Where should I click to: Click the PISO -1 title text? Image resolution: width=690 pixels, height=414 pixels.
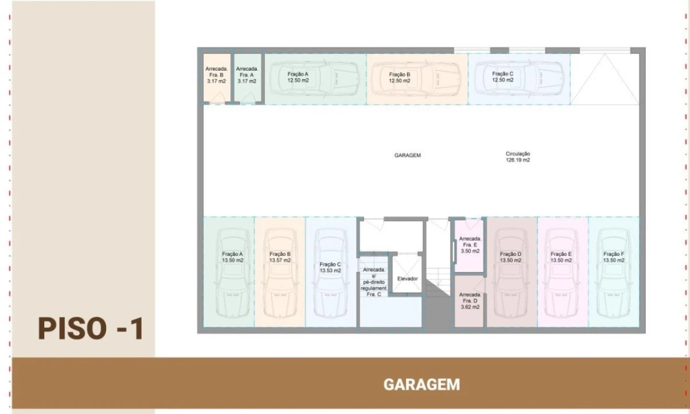point(90,328)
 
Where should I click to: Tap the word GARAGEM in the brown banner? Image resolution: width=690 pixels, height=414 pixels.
point(421,384)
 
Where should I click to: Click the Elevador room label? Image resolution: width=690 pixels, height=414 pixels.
point(408,279)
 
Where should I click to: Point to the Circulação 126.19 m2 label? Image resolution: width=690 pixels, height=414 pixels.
point(518,157)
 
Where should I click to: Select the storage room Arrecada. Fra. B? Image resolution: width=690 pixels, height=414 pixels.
point(216,75)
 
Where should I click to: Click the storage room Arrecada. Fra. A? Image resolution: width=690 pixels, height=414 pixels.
point(247,75)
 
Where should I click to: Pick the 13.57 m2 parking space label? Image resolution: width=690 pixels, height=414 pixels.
point(280,257)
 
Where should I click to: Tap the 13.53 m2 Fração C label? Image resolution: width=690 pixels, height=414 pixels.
point(331,267)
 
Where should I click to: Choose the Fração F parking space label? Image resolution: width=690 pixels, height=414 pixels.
point(614,257)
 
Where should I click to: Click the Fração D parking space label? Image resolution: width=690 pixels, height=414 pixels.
point(510,257)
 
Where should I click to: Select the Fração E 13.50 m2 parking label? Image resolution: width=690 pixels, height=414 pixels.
point(561,257)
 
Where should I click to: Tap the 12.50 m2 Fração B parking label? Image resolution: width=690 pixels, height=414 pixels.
point(400,78)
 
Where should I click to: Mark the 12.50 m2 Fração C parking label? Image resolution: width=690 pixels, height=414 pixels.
point(503,77)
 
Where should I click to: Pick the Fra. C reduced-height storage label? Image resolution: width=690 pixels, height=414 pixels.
point(374,282)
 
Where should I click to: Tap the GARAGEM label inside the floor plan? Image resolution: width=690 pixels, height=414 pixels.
point(408,155)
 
